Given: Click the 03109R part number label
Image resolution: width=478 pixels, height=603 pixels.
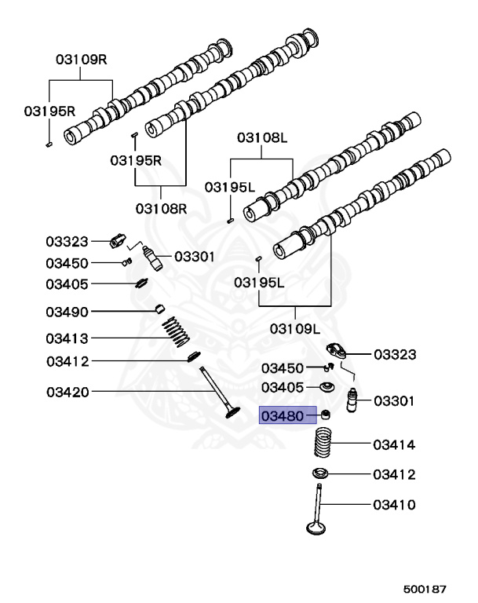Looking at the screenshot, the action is tap(82, 60).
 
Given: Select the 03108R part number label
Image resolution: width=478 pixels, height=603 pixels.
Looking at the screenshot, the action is tap(161, 209).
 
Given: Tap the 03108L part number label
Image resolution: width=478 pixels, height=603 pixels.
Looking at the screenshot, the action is tap(262, 137).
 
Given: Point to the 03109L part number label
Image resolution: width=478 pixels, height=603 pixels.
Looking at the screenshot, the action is tap(295, 329).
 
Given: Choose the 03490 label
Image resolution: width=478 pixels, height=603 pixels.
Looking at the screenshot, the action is tap(67, 312).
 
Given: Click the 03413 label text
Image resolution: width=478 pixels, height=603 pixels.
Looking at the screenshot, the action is tap(67, 339).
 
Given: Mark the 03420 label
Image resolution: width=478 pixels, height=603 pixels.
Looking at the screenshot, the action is tap(68, 393).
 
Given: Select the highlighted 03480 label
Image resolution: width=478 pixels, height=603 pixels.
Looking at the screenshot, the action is tap(283, 416).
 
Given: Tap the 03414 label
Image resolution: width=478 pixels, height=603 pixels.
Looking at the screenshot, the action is tap(394, 445).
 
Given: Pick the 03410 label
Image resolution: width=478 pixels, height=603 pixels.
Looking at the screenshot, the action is tap(394, 505).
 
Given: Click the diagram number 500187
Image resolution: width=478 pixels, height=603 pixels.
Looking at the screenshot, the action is tap(425, 589).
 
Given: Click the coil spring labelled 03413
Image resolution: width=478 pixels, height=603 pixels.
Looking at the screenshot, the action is tap(176, 331).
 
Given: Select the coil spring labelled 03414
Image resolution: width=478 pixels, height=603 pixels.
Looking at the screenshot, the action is tap(323, 443).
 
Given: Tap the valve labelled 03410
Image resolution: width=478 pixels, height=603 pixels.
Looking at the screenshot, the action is tap(317, 509).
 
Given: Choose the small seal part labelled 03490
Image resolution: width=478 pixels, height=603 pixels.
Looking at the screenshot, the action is tap(159, 308).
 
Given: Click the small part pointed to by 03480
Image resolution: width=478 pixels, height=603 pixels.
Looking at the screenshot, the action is tap(326, 415).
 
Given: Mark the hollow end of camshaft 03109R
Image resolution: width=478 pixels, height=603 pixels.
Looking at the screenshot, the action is tap(71, 137).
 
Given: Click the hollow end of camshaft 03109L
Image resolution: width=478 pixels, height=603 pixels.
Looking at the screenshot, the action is tap(280, 251).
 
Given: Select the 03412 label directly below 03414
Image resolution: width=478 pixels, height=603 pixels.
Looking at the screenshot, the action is tap(394, 474).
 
